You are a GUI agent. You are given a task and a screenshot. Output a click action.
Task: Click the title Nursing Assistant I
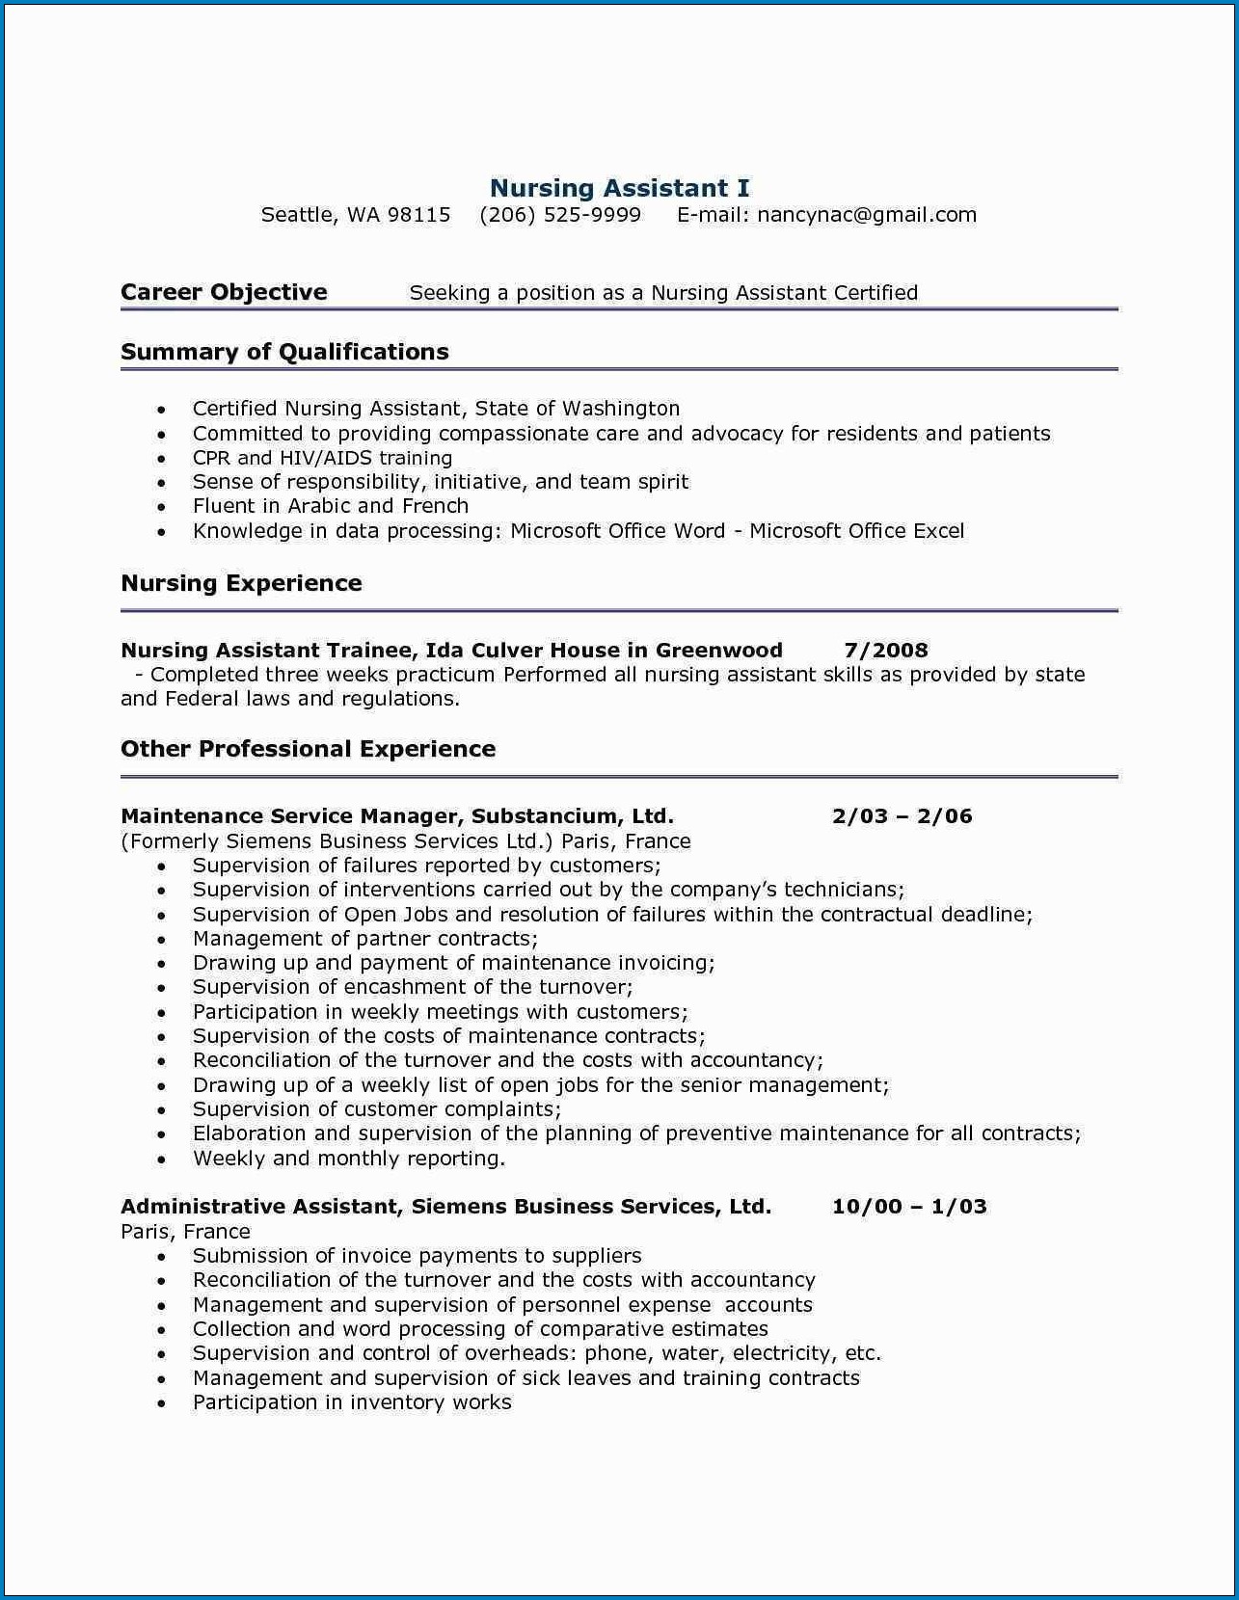(619, 188)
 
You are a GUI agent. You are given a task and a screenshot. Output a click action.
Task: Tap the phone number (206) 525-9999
(560, 215)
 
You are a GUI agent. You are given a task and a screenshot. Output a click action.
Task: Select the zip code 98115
(418, 215)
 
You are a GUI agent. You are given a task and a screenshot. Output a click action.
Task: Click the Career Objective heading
(224, 292)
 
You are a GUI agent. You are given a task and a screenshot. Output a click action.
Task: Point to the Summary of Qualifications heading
(284, 352)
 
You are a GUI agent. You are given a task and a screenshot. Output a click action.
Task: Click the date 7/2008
(885, 651)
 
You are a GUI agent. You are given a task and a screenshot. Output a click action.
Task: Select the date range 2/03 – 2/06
(902, 816)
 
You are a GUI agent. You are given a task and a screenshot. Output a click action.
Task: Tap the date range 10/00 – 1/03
(909, 1207)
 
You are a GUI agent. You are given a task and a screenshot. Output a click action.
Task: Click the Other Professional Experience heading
(308, 749)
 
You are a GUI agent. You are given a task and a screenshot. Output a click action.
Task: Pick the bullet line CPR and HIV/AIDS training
(322, 458)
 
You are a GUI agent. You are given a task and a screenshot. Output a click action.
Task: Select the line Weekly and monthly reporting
(348, 1159)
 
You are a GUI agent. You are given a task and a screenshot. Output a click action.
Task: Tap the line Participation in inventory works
(352, 1402)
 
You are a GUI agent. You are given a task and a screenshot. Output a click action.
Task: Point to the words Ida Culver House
(523, 651)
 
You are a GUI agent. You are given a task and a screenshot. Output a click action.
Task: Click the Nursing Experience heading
(241, 583)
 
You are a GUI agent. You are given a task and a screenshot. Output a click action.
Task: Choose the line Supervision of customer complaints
(376, 1109)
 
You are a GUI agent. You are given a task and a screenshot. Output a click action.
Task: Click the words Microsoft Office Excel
(856, 531)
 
